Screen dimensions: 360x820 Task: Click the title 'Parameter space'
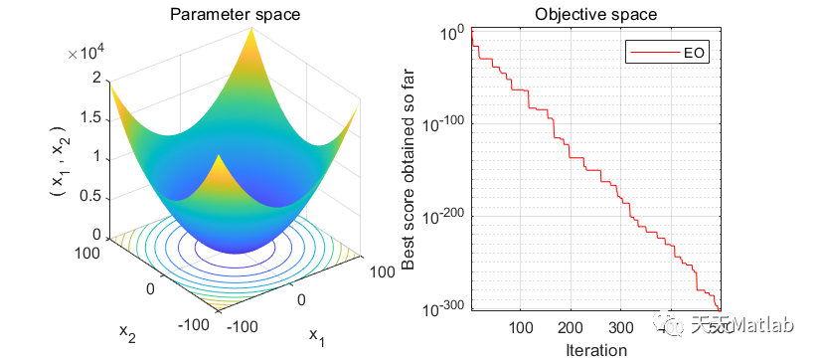tap(234, 14)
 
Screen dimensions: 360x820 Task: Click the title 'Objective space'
tap(595, 14)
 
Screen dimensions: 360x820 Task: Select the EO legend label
tap(696, 53)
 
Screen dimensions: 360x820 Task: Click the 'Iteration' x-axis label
tap(595, 349)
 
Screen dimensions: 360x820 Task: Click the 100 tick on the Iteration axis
tap(520, 329)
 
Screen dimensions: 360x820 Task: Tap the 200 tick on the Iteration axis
tap(571, 329)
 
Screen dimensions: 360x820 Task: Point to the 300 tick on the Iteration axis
tap(620, 329)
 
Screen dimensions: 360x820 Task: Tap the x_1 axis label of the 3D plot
tap(317, 337)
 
